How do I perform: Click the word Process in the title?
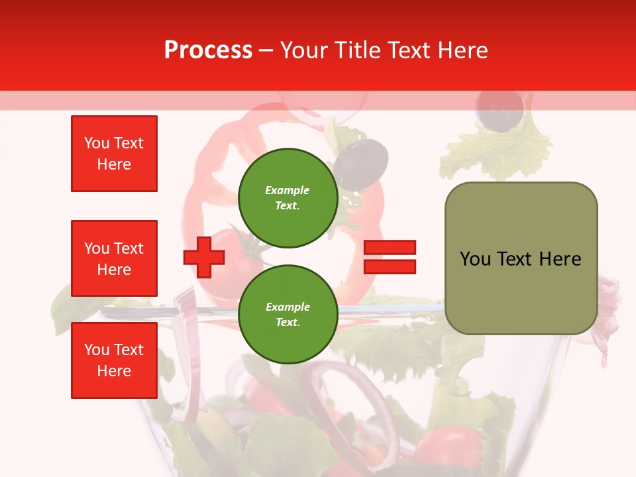[208, 50]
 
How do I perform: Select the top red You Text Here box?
[114, 154]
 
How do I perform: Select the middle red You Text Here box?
[114, 258]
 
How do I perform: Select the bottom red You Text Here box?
[114, 360]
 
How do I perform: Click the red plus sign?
[204, 256]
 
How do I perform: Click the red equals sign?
[390, 257]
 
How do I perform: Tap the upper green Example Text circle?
[288, 197]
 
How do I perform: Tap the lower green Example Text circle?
[288, 314]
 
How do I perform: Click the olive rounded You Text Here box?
[521, 258]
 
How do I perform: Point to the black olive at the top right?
[501, 111]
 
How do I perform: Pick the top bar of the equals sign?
[390, 248]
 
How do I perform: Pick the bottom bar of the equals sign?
[390, 266]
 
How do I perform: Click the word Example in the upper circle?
[288, 190]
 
